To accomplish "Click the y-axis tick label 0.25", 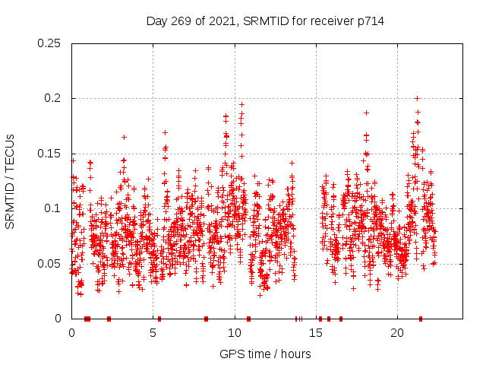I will [x=50, y=43].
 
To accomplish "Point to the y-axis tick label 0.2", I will [x=53, y=99].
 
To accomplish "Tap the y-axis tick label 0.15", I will [x=50, y=154].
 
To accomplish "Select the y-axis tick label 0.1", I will [x=53, y=208].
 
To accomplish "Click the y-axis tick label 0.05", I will [x=50, y=264].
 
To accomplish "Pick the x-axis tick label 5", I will [x=153, y=333].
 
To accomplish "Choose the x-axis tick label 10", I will [x=235, y=333].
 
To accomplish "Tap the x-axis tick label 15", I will [x=316, y=333].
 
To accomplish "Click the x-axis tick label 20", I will [x=397, y=333].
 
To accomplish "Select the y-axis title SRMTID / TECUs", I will [x=11, y=181].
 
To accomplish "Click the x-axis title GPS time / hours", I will [x=265, y=354].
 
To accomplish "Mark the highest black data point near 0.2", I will [x=417, y=98].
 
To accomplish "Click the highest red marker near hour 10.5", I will [x=242, y=104].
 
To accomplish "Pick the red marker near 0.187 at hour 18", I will [x=366, y=113].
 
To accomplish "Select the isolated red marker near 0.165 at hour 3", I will [x=124, y=137].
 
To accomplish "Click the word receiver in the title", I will [x=330, y=21].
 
